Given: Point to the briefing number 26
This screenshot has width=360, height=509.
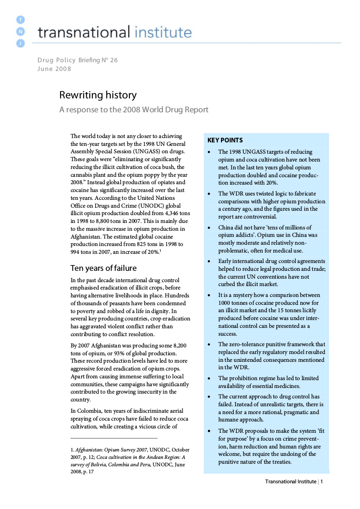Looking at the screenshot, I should pos(113,60).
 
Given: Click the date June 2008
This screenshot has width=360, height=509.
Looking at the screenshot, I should pos(54,69).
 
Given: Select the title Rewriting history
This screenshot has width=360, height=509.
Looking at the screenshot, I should pos(98,95).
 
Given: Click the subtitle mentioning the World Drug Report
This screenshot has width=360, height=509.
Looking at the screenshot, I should pos(134,110).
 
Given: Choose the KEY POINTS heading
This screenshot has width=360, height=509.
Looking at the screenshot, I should pos(225,140).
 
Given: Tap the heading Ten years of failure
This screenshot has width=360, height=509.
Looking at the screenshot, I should pos(103,268).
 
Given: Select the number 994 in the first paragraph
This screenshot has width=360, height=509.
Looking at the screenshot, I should pos(76,252).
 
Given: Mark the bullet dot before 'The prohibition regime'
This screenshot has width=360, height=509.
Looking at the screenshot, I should pos(209,379).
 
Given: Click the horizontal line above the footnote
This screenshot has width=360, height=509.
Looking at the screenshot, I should pos(114,438).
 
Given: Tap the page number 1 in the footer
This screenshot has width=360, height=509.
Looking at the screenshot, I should pos(322,481).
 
